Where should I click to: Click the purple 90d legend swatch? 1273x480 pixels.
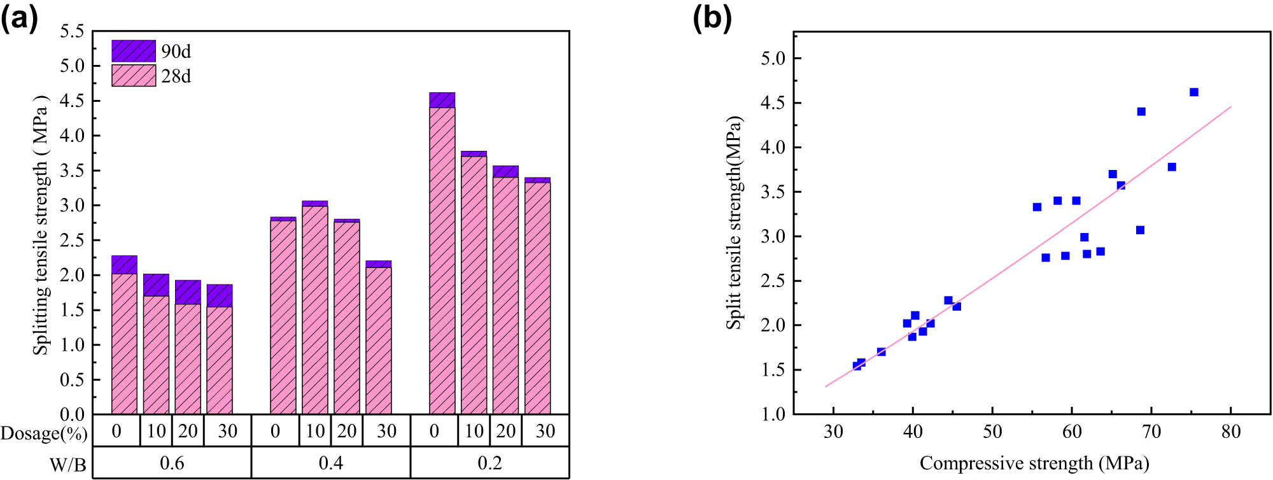click(134, 51)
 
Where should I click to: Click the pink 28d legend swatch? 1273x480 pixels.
click(134, 76)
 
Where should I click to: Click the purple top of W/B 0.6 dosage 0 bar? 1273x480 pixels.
click(124, 265)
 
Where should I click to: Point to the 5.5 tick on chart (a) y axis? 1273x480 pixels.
click(72, 31)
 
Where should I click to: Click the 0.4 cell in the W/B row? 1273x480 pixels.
click(331, 463)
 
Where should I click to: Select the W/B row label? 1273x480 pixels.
click(68, 465)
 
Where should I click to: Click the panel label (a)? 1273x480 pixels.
click(19, 18)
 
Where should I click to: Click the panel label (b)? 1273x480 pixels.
click(712, 18)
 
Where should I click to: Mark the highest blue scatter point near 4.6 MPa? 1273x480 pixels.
click(1194, 92)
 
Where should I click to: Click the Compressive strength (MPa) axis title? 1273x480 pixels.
click(1034, 463)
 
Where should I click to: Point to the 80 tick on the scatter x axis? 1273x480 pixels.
click(1231, 432)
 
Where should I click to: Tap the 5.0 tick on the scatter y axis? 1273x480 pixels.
click(773, 59)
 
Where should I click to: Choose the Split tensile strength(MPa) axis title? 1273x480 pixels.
click(734, 223)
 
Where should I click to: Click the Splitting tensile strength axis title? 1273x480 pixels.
click(41, 224)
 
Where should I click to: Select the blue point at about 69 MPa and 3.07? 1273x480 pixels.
click(1140, 230)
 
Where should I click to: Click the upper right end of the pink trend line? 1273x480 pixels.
click(1230, 107)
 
